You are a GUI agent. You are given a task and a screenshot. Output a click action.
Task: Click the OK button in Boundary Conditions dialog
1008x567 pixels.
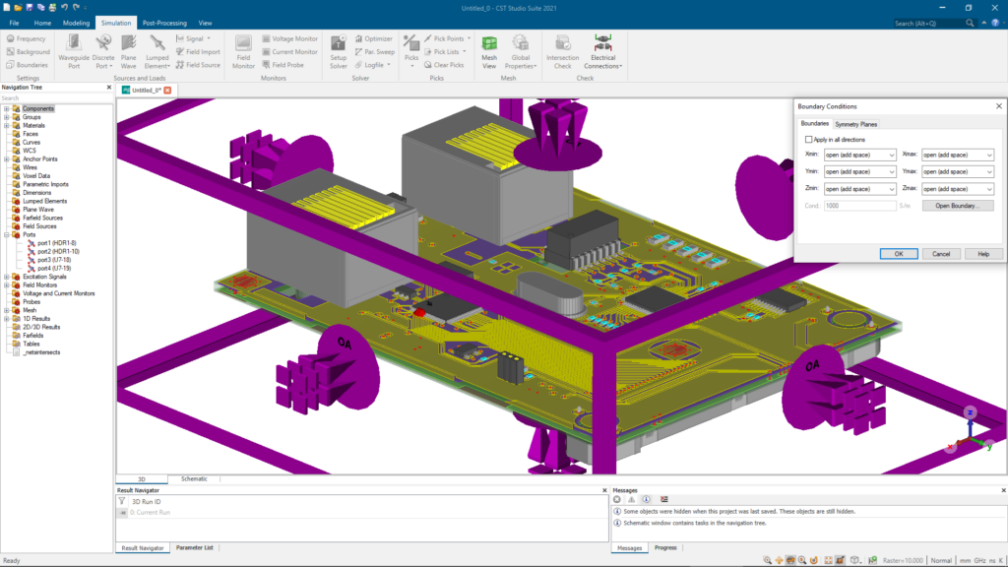899,253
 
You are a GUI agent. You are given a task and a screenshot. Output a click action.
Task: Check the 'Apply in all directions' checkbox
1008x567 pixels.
809,141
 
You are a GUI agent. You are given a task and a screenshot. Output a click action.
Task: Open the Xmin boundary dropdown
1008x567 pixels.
859,155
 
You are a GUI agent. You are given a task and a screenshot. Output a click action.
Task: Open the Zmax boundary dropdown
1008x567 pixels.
957,188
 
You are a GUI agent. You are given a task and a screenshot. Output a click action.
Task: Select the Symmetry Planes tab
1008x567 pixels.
855,124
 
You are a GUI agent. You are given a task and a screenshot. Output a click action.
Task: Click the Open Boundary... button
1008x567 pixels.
957,206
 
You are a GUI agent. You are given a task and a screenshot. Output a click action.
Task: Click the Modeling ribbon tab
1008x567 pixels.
76,22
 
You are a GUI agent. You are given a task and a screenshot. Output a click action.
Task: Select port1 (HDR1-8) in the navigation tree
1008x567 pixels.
57,243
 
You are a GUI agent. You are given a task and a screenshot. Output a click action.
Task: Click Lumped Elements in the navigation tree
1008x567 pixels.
44,201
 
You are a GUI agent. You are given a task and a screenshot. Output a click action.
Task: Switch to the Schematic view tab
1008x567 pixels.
194,478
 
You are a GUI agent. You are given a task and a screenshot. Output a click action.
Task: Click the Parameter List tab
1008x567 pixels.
195,547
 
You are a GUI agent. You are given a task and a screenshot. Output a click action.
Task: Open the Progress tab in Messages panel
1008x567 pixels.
665,547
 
